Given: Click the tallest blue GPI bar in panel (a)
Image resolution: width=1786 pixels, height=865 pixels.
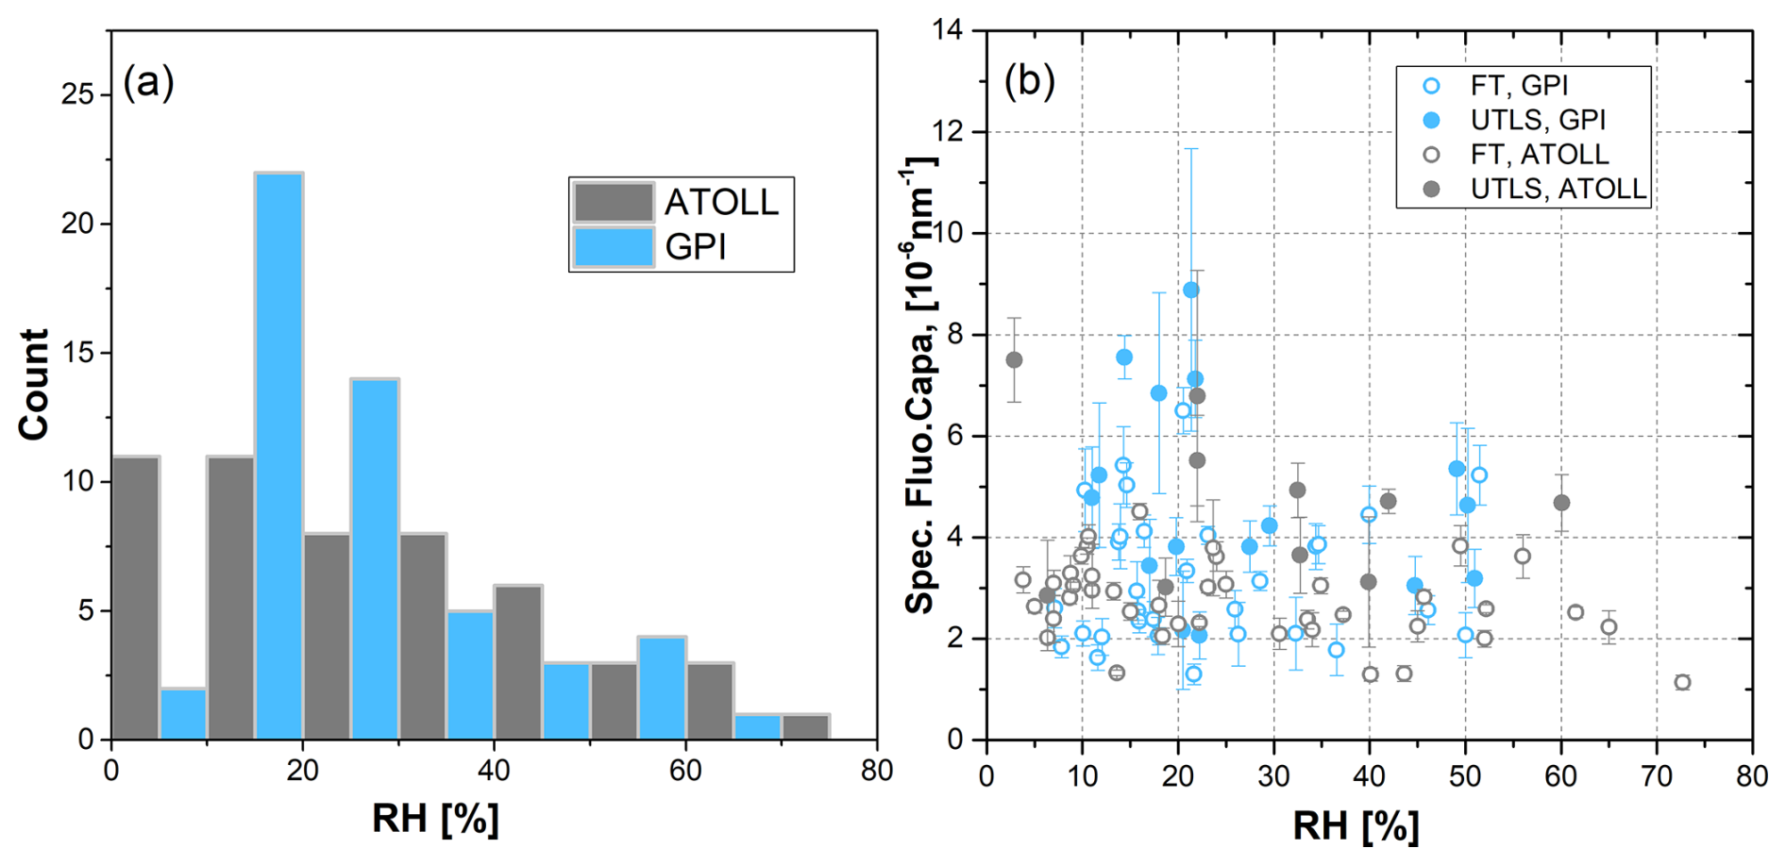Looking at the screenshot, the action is point(278,456).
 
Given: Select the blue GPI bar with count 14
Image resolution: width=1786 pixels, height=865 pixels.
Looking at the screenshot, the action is point(375,558).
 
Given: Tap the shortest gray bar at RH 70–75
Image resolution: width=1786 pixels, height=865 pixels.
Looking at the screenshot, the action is point(805,727).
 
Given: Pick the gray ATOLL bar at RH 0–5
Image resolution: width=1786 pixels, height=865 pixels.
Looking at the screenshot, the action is point(136,598).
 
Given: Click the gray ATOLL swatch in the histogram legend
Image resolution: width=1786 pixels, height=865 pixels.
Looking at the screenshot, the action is point(614,202).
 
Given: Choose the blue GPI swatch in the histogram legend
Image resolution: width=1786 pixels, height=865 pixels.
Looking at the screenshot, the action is point(614,247).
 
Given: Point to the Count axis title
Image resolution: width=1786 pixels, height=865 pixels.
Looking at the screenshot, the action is point(34,384).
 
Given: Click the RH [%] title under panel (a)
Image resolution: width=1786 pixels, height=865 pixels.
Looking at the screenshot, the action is point(435,819).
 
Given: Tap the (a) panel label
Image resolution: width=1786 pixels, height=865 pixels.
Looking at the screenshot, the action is point(149,83).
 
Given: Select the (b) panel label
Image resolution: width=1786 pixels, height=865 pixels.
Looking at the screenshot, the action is point(1030,81).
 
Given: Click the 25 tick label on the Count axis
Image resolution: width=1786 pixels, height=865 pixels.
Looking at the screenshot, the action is point(78,94).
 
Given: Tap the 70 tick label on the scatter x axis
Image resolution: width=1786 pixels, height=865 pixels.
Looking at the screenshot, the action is point(1657,776).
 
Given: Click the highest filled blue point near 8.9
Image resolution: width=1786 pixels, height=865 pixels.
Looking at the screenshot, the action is point(1191,290).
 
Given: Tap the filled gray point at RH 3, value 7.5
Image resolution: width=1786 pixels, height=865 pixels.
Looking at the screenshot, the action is point(1015,359).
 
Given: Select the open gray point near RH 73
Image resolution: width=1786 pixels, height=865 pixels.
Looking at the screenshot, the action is point(1682,682).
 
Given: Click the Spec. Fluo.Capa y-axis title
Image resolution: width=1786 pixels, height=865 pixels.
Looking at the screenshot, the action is point(919,384).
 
